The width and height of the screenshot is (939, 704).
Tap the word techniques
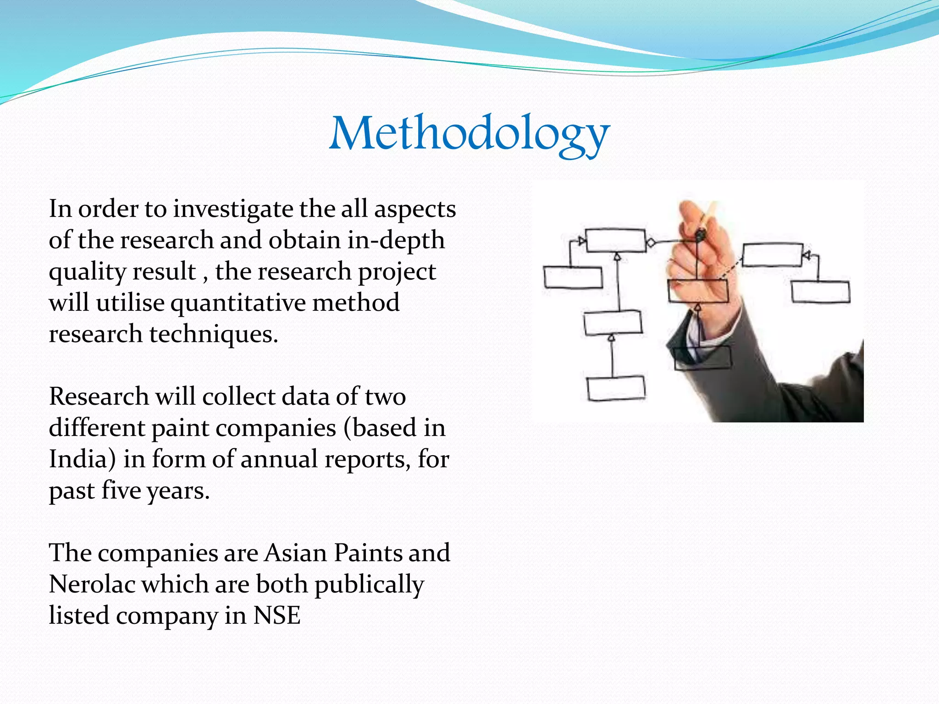pos(214,334)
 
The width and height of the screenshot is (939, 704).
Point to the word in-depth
pos(396,240)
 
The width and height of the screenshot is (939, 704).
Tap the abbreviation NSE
pos(277,616)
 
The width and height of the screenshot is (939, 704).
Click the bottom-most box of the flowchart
pos(616,389)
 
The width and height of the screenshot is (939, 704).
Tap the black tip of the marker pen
pos(700,236)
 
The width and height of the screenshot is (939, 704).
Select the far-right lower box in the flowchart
pos(820,292)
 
